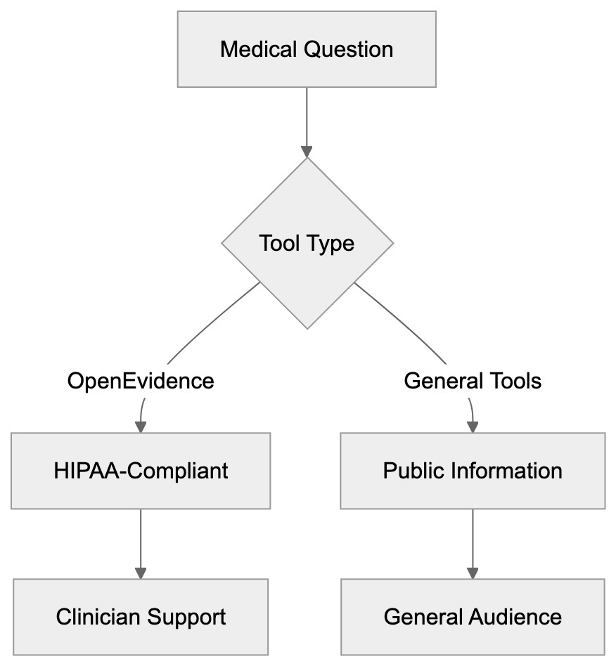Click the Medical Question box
[306, 49]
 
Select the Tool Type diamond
[307, 244]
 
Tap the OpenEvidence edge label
[141, 381]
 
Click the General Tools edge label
[473, 381]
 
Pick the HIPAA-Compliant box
[141, 471]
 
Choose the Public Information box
[473, 471]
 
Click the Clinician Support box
[141, 617]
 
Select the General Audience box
[473, 617]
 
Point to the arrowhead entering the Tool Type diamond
[307, 152]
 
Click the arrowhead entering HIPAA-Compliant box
[141, 426]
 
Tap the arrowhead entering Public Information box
[473, 426]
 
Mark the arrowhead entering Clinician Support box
[141, 573]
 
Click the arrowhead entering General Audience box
[473, 573]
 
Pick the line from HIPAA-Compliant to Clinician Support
[141, 537]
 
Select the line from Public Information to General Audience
[473, 537]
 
